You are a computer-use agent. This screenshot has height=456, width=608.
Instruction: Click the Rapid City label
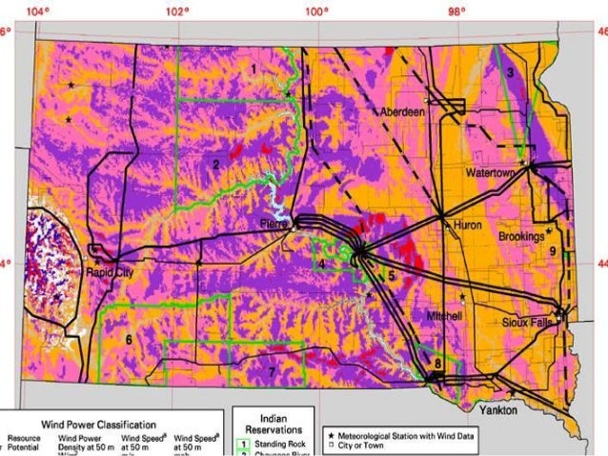pos(106,271)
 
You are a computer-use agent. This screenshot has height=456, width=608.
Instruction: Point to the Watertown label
pos(491,173)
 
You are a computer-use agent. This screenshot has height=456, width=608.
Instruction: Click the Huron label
pos(469,226)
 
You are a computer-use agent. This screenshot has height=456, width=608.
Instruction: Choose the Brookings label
pos(520,235)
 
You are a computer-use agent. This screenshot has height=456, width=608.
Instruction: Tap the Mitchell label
pos(445,315)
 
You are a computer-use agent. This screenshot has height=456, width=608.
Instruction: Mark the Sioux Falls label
pos(528,322)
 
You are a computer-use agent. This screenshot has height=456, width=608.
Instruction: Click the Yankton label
pos(498,409)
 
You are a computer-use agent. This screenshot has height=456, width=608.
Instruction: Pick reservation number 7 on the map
pos(272,370)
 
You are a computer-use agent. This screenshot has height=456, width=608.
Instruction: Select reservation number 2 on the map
pos(216,165)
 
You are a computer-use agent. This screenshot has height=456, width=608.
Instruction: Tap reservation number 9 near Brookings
pos(552,250)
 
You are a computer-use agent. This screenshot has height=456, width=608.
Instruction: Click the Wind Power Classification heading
pos(98,425)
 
